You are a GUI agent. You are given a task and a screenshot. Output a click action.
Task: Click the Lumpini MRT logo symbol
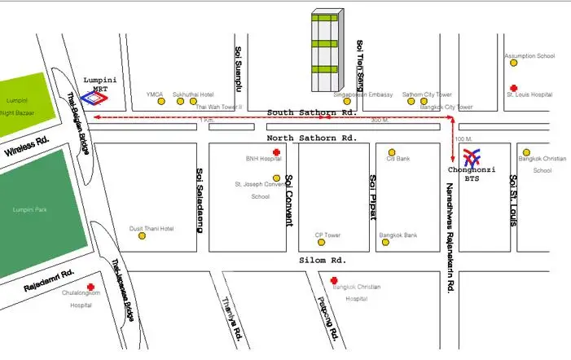[x=97, y=97]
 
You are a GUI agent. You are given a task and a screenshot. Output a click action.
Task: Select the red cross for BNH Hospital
[x=276, y=152]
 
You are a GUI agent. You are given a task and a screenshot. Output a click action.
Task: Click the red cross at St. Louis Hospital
[x=512, y=88]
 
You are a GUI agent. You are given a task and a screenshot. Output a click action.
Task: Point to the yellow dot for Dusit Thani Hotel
[x=142, y=236]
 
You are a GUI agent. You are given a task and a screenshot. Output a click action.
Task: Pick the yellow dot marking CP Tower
[x=323, y=242]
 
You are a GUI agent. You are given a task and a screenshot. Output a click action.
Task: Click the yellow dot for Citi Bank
[x=392, y=152]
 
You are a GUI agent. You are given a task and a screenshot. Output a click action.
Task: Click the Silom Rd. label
[x=323, y=260]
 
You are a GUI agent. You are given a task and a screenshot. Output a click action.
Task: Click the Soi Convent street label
[x=288, y=189]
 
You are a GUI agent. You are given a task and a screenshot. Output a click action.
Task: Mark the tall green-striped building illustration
[x=327, y=50]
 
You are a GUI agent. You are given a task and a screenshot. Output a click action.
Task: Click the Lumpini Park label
[x=30, y=210]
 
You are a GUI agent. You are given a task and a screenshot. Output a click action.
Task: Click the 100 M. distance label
[x=465, y=138]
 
